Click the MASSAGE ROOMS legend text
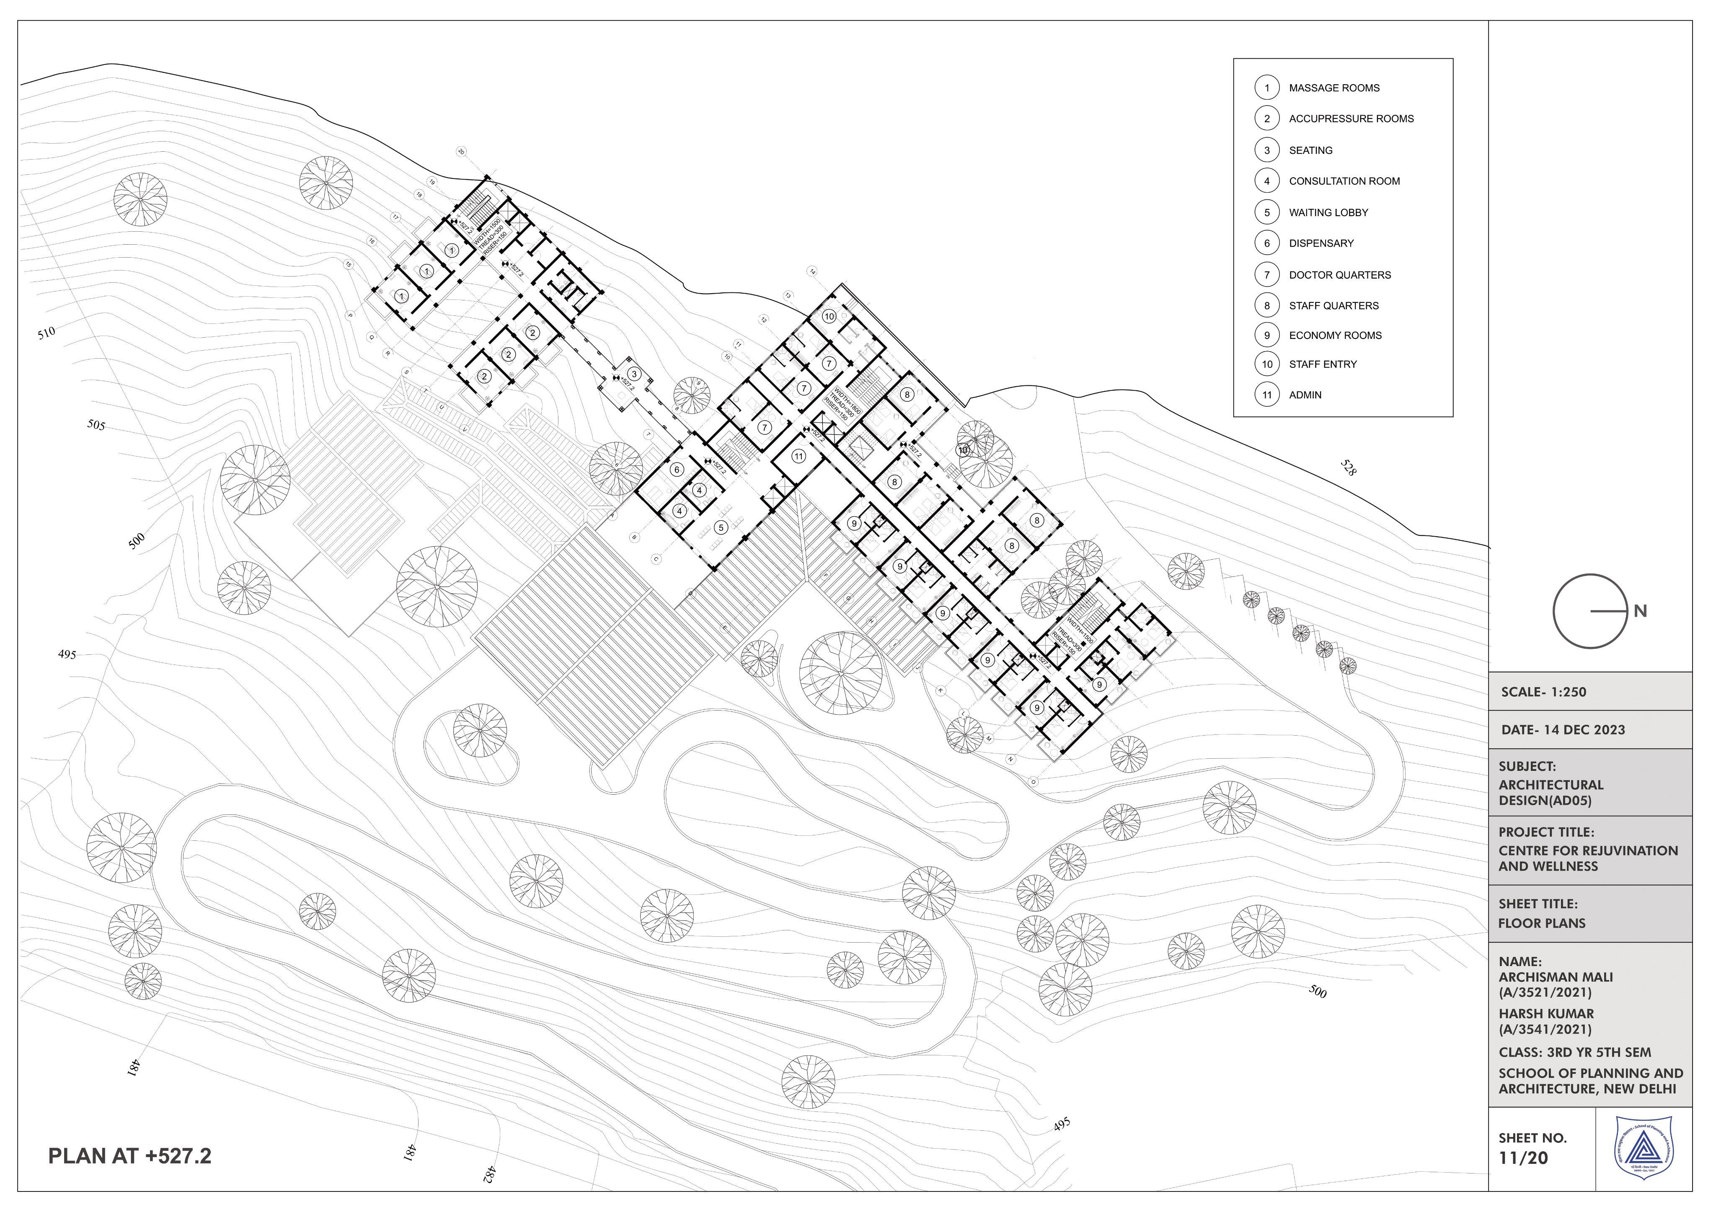click(x=1334, y=88)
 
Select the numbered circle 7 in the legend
click(x=1267, y=274)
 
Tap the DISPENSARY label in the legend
click(x=1321, y=243)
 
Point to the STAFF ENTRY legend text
click(x=1322, y=364)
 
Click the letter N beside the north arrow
click(x=1640, y=611)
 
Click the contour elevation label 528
click(x=1348, y=468)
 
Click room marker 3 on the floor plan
click(x=634, y=375)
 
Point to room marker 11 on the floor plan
click(x=799, y=457)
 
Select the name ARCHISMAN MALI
click(x=1555, y=977)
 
